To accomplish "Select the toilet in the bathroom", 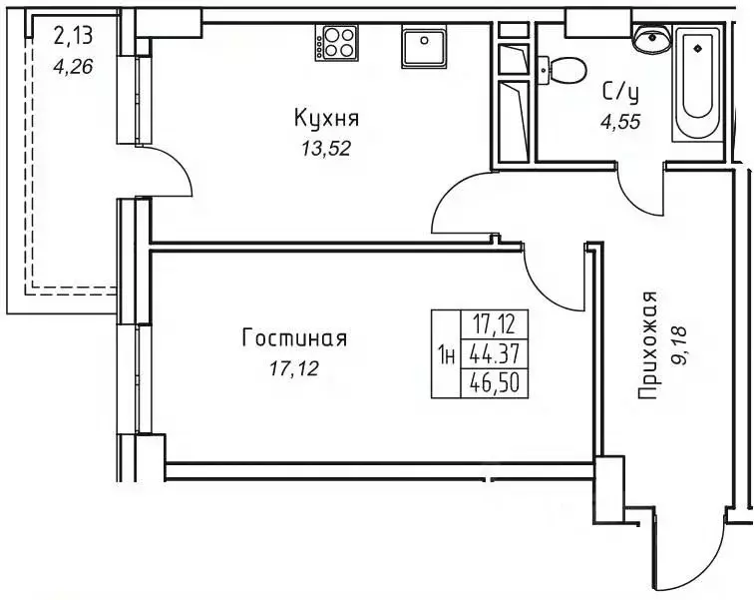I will coord(565,70).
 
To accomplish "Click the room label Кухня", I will coord(326,119).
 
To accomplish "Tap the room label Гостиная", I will coord(294,338).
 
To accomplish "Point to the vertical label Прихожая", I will coord(649,345).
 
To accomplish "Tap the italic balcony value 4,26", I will coord(70,68).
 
